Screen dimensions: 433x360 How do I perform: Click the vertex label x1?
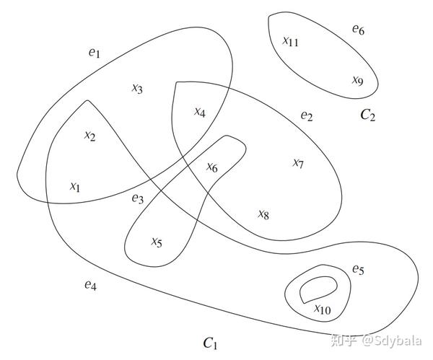click(x=75, y=186)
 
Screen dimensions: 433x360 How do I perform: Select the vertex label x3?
click(x=137, y=89)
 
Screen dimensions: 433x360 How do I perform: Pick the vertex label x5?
click(x=157, y=242)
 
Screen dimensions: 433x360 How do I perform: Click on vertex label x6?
click(x=211, y=167)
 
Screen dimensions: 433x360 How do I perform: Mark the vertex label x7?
click(x=298, y=163)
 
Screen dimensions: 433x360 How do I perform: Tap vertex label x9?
click(x=357, y=80)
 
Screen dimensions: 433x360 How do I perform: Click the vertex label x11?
click(x=290, y=41)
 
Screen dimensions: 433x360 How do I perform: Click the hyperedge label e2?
click(x=307, y=115)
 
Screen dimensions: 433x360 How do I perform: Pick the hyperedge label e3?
click(x=138, y=198)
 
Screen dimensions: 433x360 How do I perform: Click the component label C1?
click(x=211, y=341)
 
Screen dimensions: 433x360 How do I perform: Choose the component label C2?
click(x=368, y=114)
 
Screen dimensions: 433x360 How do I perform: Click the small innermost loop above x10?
click(x=318, y=288)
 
